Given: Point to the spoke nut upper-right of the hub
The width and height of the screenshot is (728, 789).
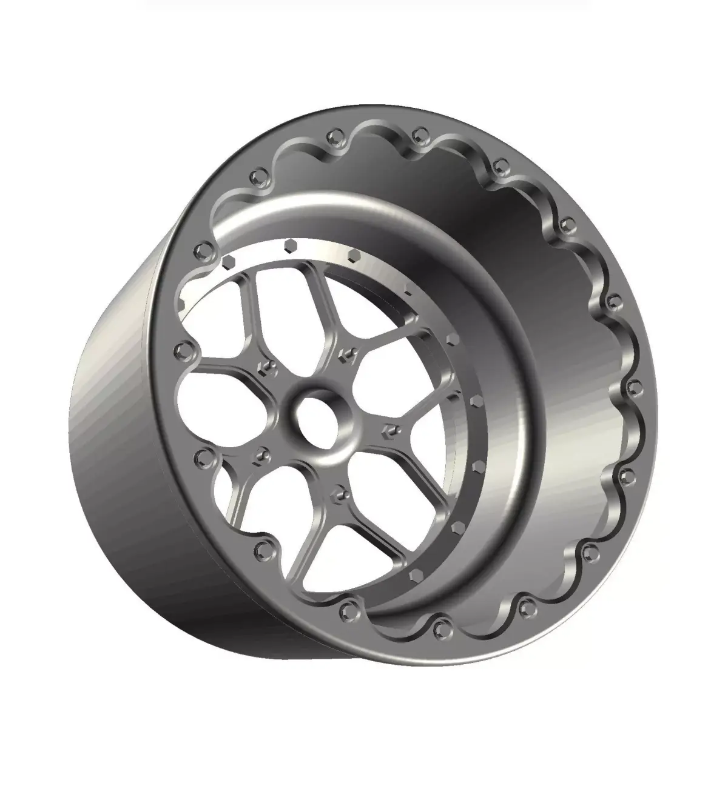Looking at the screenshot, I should pyautogui.click(x=347, y=353).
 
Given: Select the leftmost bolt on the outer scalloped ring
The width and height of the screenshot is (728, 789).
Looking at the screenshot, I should pyautogui.click(x=181, y=350).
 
